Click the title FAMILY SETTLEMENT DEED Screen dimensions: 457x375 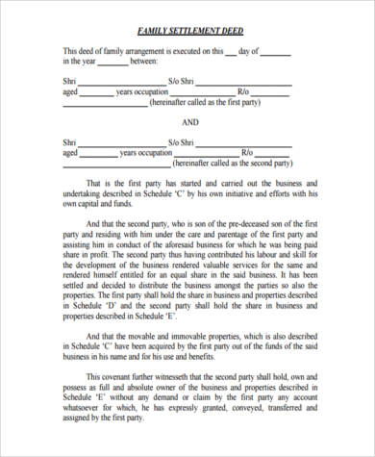[188, 29]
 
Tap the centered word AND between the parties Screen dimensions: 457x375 [188, 122]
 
